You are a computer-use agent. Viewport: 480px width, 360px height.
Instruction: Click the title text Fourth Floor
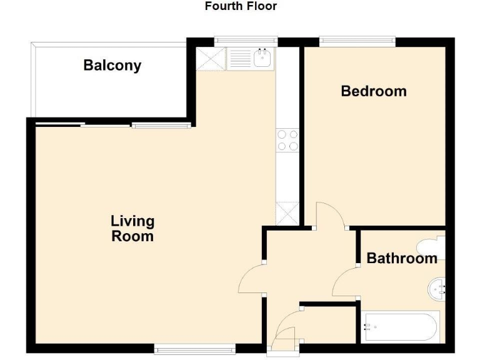click(241, 7)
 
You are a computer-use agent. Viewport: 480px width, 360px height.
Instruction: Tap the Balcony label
click(112, 66)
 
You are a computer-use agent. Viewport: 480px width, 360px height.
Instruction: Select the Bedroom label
click(374, 91)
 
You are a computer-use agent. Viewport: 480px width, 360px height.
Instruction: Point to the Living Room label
click(132, 229)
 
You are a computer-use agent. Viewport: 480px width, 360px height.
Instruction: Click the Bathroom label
click(401, 258)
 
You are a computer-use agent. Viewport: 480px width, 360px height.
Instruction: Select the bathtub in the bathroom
click(399, 327)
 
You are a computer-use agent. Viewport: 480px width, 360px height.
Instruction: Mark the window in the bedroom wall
click(357, 42)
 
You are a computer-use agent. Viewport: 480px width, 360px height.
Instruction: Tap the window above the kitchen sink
click(246, 42)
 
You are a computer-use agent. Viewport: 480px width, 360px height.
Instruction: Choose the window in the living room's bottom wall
click(195, 349)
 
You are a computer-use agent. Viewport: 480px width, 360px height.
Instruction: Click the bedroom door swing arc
click(330, 216)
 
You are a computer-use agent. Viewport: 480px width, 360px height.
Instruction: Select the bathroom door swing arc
click(345, 282)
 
